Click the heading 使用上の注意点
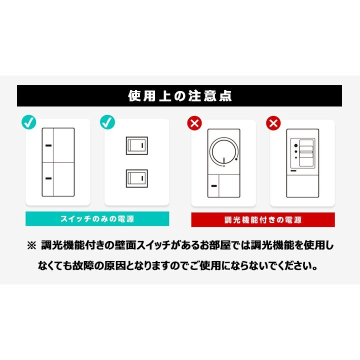[x=180, y=95]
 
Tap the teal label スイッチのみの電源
[x=97, y=219]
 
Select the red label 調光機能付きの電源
[x=263, y=220]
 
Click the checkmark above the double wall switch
[x=29, y=122]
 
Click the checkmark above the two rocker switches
[x=107, y=122]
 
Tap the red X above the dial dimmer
[x=194, y=123]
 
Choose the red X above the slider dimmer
[x=273, y=123]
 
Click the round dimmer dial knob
[x=223, y=151]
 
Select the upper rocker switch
[x=137, y=145]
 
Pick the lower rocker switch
[x=137, y=178]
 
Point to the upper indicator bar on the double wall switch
[x=48, y=145]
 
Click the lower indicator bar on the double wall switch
[x=48, y=178]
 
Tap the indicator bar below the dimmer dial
[x=214, y=186]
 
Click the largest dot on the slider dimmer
[x=296, y=145]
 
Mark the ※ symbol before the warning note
[x=31, y=245]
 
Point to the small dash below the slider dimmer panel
[x=293, y=171]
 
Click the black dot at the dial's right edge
[x=236, y=159]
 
